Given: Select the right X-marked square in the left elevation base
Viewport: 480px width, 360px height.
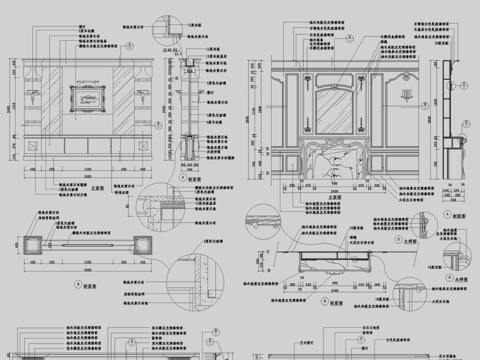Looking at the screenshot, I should point(142,146).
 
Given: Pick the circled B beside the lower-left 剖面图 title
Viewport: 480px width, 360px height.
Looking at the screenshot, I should point(78,284).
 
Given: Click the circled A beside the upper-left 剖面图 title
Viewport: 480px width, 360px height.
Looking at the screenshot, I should point(183,179).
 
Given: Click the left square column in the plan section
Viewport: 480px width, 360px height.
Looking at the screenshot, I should point(32,245).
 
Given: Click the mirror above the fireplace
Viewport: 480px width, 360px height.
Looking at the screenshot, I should point(334,111).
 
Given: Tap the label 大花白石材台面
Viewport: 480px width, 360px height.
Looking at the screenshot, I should point(362,243).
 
